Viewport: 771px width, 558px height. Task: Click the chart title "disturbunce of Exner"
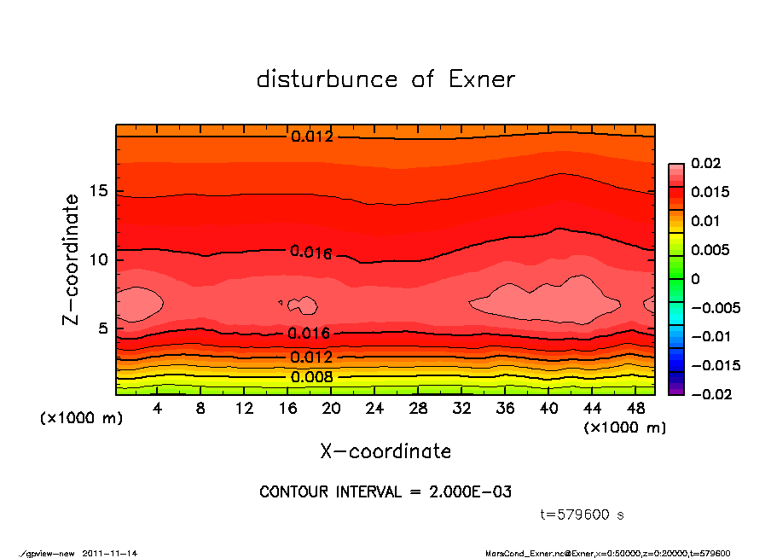(385, 79)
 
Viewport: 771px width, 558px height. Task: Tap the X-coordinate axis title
(385, 450)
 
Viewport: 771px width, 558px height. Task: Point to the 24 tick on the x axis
(375, 409)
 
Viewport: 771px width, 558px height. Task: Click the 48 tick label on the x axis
(635, 409)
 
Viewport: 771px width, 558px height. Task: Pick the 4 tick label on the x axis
(157, 409)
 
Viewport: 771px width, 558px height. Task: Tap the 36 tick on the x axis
(505, 409)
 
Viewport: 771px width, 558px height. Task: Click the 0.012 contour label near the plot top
(311, 137)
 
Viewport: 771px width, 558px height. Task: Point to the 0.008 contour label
(311, 377)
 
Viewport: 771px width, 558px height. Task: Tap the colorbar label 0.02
(704, 163)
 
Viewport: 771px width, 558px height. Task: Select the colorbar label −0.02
(709, 393)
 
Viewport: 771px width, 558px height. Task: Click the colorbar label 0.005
(708, 250)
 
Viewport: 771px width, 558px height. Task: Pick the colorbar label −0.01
(709, 336)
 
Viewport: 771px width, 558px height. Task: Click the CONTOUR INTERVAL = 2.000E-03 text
(385, 492)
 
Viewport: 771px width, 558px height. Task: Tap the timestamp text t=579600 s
(583, 514)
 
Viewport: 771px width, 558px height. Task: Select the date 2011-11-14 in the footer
(110, 553)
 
